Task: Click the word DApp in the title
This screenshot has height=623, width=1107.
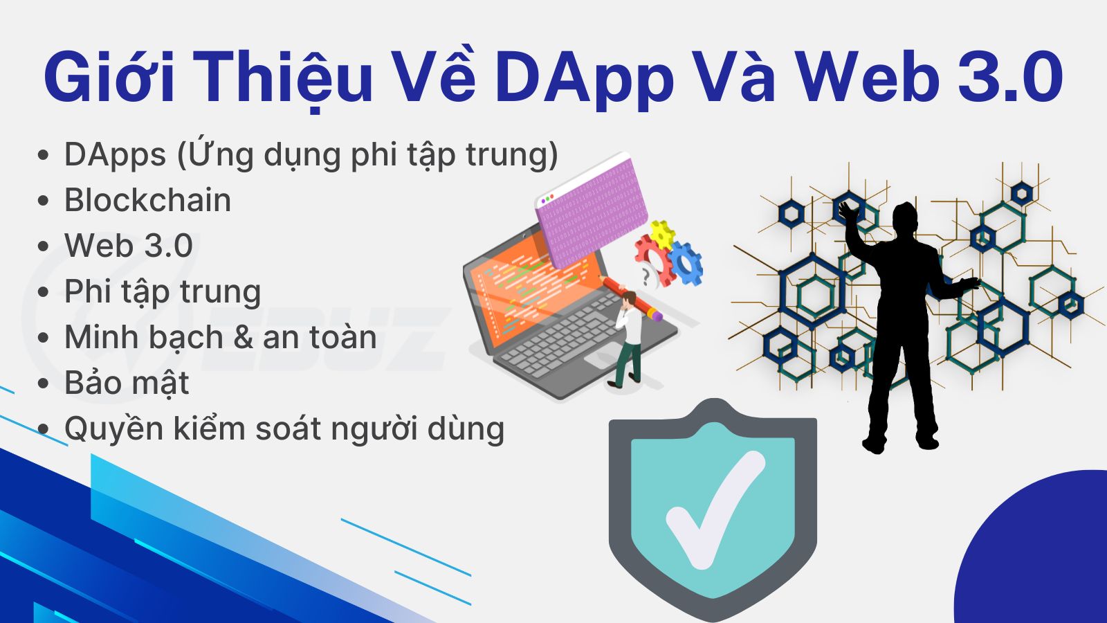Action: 585,78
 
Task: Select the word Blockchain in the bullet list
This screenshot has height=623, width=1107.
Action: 148,200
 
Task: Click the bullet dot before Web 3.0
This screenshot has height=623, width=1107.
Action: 44,246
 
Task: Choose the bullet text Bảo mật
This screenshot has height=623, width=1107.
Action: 127,382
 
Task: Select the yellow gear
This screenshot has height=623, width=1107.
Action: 661,235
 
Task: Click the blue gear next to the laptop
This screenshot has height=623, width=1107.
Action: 685,264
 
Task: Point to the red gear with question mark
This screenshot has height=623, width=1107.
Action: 653,263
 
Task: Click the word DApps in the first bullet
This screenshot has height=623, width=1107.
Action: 115,155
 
